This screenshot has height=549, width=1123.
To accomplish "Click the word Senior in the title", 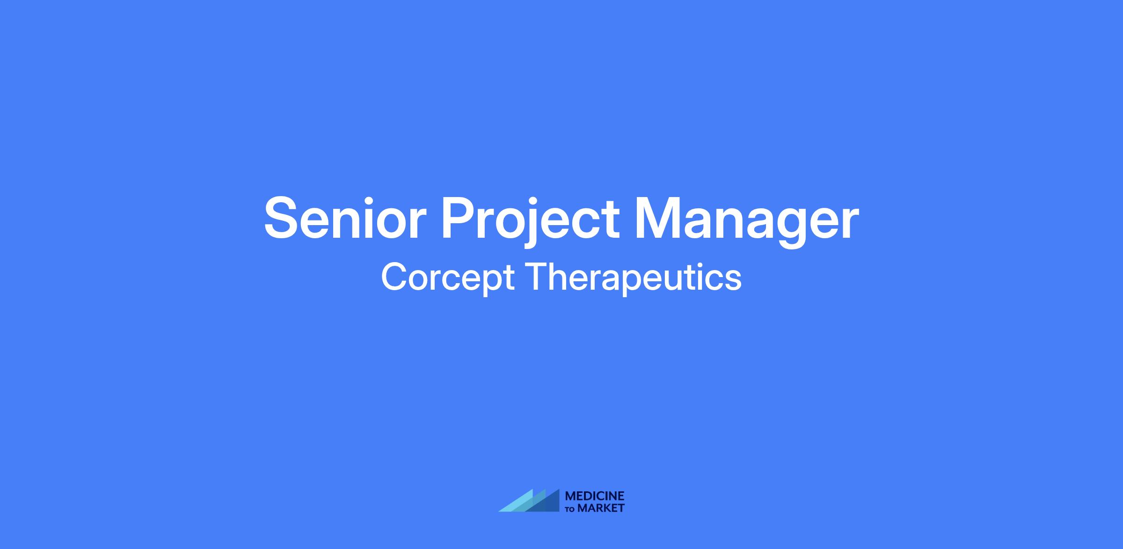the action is point(345,219).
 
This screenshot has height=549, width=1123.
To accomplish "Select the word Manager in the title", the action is point(747,222).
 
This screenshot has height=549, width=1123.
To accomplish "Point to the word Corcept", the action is point(448,278).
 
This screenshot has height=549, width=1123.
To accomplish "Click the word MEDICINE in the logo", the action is point(595,496).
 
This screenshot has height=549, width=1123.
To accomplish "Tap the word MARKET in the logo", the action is point(601,508).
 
